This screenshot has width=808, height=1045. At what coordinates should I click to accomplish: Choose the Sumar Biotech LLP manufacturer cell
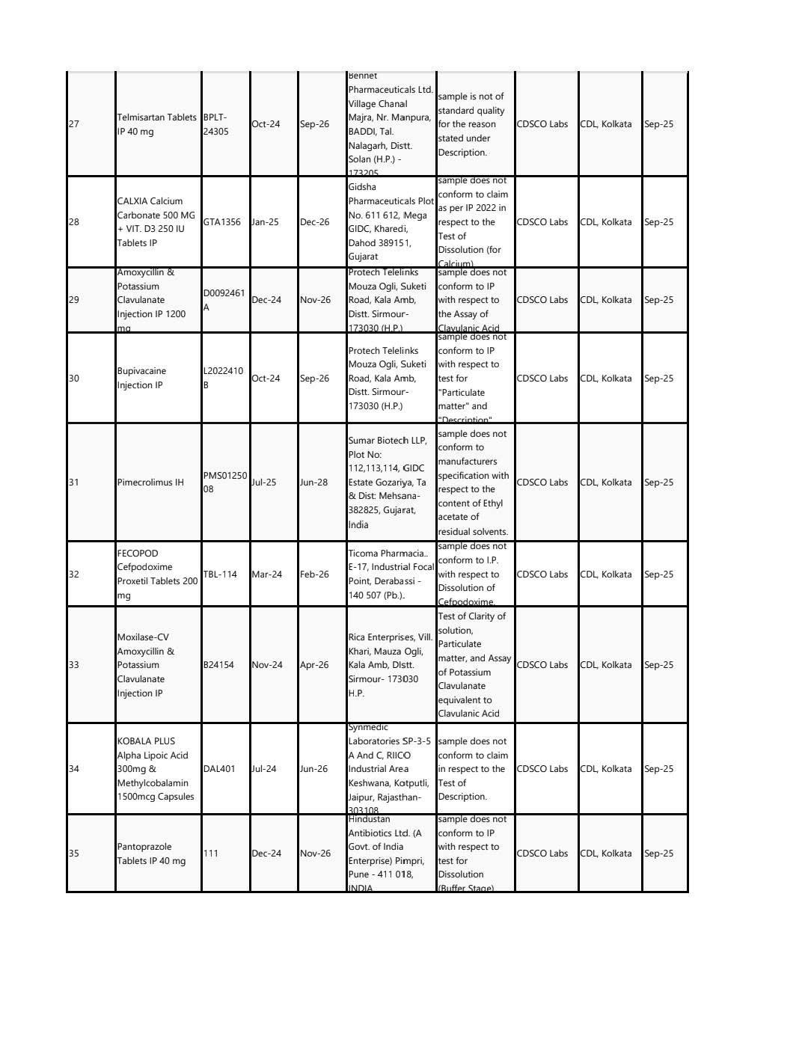pyautogui.click(x=391, y=482)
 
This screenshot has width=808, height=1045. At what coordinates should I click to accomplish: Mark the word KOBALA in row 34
pyautogui.click(x=135, y=741)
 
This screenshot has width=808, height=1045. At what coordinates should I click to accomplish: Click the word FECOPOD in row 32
pyautogui.click(x=138, y=554)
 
